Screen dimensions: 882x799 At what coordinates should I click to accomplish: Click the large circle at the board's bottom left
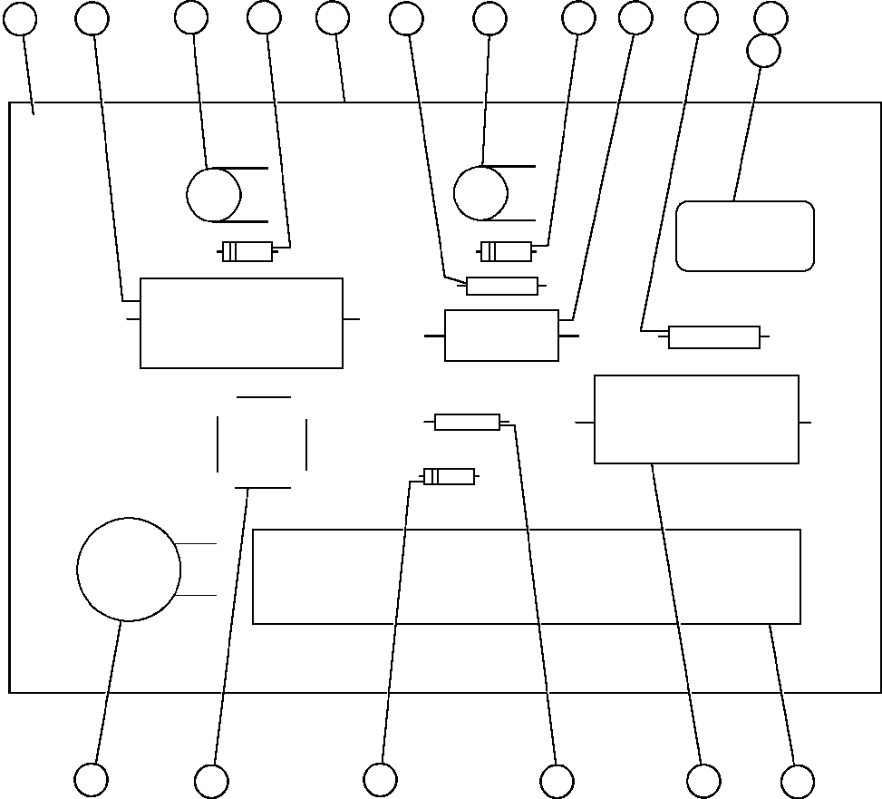pyautogui.click(x=129, y=570)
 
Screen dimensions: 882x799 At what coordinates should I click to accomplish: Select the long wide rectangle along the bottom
pyautogui.click(x=526, y=577)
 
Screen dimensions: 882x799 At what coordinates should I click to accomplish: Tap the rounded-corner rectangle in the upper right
pyautogui.click(x=745, y=236)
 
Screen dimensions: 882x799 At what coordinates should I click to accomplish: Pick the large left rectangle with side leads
pyautogui.click(x=241, y=323)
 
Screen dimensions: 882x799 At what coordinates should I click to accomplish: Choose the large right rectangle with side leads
pyautogui.click(x=696, y=419)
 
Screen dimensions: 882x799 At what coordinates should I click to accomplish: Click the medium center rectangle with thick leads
pyautogui.click(x=501, y=336)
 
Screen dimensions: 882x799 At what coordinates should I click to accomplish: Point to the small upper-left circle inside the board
pyautogui.click(x=214, y=195)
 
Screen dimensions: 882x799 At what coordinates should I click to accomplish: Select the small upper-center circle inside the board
pyautogui.click(x=480, y=193)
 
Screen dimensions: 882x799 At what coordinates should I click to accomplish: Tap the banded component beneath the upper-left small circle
pyautogui.click(x=247, y=252)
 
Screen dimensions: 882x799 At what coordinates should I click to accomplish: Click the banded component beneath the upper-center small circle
pyautogui.click(x=506, y=251)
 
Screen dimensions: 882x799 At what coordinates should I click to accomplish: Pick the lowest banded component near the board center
pyautogui.click(x=449, y=476)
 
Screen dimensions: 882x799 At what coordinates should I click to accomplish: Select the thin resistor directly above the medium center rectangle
pyautogui.click(x=501, y=287)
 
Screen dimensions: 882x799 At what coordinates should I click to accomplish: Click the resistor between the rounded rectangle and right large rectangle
pyautogui.click(x=713, y=337)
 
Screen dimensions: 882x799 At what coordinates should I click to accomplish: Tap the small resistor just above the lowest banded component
pyautogui.click(x=467, y=422)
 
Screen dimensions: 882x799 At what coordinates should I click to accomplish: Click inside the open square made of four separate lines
pyautogui.click(x=262, y=443)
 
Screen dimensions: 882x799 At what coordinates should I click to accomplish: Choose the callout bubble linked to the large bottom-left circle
pyautogui.click(x=91, y=779)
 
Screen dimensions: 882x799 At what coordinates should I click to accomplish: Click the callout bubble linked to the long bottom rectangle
pyautogui.click(x=797, y=781)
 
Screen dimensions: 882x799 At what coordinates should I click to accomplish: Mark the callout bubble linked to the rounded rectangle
pyautogui.click(x=763, y=51)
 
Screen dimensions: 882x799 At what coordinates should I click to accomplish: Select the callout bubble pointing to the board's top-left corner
pyautogui.click(x=20, y=18)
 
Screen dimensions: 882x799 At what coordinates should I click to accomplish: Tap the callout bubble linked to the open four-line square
pyautogui.click(x=211, y=781)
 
